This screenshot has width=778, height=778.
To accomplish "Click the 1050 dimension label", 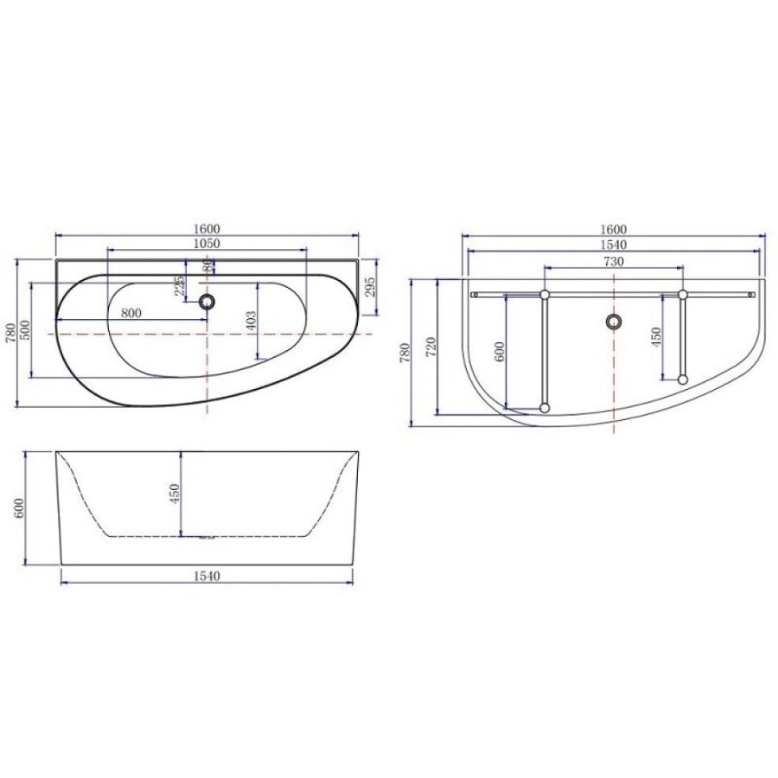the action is point(207,243).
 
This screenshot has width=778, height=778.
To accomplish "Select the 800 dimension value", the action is point(131,313).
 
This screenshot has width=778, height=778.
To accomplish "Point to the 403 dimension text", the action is point(251,321).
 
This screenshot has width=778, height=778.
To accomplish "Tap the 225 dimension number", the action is point(180,286).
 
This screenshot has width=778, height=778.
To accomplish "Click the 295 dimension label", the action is point(370,287).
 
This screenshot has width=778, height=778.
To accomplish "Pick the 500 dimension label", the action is point(25,330).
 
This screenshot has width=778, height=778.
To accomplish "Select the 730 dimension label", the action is point(614,261).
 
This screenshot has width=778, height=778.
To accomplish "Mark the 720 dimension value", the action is point(431,347).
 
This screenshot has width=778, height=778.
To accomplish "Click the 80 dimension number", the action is point(208,266).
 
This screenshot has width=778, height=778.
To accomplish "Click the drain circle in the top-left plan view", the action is point(207,301).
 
